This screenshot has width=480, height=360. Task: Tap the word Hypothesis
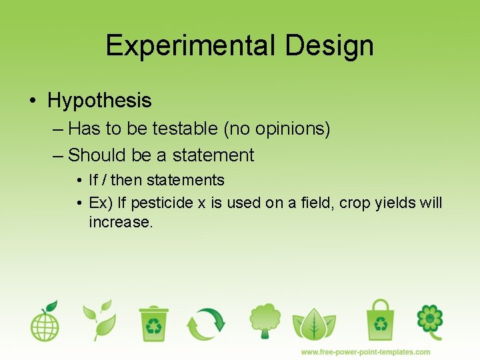(99, 101)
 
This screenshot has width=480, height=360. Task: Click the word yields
(393, 203)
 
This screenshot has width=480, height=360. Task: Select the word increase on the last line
(121, 222)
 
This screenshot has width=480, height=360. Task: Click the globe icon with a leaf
(45, 321)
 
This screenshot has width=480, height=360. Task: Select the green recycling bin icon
(154, 323)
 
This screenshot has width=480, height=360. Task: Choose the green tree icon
(265, 321)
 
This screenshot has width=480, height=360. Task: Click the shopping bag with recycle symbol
(380, 319)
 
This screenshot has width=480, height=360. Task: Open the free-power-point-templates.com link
(365, 351)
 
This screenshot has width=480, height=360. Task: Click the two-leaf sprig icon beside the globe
(99, 320)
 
